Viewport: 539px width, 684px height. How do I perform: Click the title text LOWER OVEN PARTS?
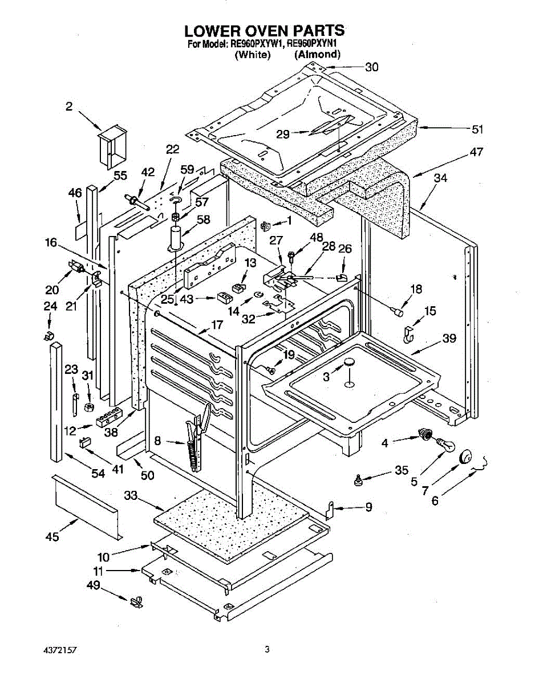coord(264,30)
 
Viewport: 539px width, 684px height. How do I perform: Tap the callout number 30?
coord(372,67)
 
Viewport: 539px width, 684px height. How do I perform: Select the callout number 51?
coord(477,129)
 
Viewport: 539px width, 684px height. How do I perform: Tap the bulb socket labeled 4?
coord(424,434)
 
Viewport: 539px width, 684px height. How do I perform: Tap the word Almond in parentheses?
coord(317,55)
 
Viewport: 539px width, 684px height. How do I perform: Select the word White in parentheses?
coord(253,55)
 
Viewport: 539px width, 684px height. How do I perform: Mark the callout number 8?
coord(158,440)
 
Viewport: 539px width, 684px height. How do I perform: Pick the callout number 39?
coord(449,339)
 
